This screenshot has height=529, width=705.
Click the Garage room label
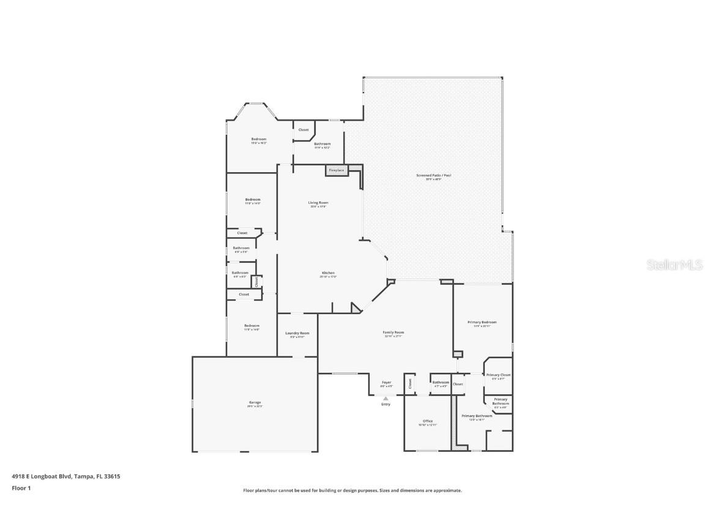pos(254,402)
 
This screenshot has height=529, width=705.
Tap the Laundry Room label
pos(297,333)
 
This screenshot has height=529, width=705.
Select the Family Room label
pos(394,332)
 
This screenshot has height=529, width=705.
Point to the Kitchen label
pos(328,272)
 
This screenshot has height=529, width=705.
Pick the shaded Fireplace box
pos(336,170)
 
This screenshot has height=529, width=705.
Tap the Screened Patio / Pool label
pos(433,176)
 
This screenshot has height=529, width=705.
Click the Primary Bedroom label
pos(482,322)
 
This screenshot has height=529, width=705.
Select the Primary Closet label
pos(498,375)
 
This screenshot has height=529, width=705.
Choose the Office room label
pos(428,421)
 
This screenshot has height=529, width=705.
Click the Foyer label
pos(386,383)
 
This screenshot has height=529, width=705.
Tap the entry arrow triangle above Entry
pos(386,399)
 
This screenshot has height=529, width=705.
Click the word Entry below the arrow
pos(386,404)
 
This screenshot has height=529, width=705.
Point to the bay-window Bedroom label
pos(258,140)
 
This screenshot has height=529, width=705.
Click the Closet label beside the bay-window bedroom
pos(304,130)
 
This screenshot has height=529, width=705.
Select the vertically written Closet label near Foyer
pos(409,383)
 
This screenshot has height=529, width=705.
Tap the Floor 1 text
pos(21,488)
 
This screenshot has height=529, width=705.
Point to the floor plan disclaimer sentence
pos(352,490)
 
